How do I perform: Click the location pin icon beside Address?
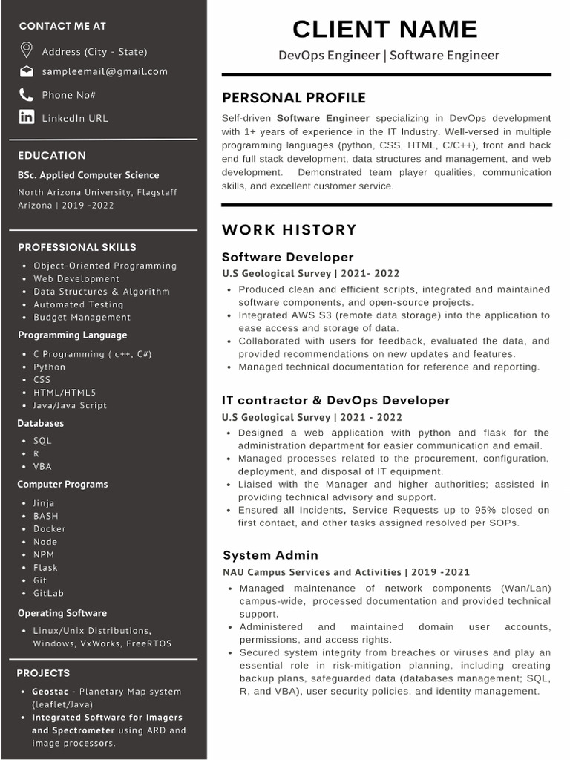[x=27, y=50]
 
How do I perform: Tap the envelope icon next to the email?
[x=27, y=72]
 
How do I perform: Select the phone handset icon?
[x=27, y=94]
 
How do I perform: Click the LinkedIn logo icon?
[x=27, y=117]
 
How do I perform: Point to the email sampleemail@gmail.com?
[x=105, y=72]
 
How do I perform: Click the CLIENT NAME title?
[x=384, y=29]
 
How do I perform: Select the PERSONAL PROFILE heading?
[x=294, y=98]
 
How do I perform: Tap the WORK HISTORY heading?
[x=289, y=230]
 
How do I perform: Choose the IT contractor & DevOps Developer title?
[x=336, y=400]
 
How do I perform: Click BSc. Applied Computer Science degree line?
[x=88, y=175]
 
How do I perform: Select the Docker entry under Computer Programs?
[x=49, y=529]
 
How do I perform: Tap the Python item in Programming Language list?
[x=49, y=367]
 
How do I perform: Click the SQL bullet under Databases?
[x=42, y=441]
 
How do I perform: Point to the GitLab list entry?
[x=49, y=594]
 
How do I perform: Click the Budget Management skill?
[x=82, y=318]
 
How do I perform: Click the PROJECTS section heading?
[x=43, y=673]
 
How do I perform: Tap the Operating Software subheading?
[x=62, y=613]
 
